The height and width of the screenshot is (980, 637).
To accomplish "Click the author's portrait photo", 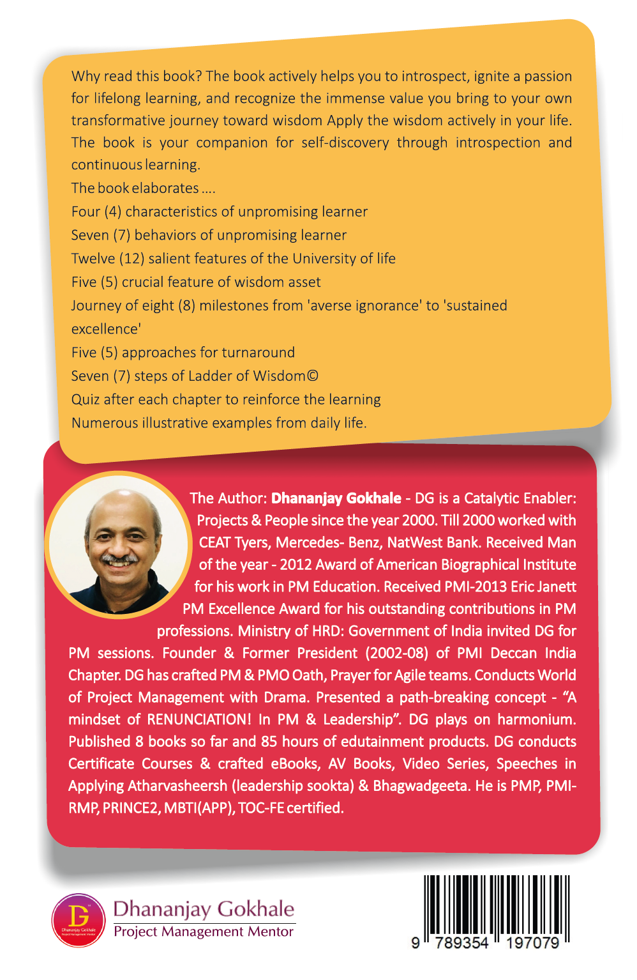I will (118, 545).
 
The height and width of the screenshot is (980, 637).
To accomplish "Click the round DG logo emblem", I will (79, 920).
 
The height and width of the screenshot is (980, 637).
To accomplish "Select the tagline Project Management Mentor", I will (204, 931).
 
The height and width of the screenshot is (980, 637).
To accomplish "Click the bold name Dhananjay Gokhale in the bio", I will (336, 498).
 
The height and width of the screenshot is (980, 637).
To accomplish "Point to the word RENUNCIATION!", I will (199, 719).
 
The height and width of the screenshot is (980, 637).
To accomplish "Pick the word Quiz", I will (86, 400).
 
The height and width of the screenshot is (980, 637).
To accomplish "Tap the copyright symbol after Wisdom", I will (312, 376).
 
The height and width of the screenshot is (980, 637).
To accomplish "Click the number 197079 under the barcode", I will (532, 944).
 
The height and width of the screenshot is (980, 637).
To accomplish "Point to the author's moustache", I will (119, 560).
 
